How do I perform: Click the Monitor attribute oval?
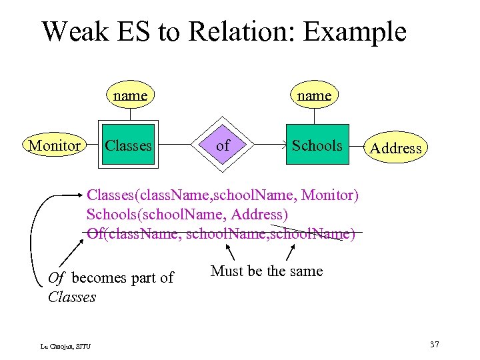55,145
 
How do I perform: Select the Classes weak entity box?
129,145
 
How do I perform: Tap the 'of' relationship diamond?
223,145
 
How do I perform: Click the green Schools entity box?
317,145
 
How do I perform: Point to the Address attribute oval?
395,148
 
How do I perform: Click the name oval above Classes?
130,95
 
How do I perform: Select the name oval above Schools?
314,95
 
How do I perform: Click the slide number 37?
434,344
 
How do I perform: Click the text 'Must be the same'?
266,271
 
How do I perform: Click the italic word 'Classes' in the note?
72,297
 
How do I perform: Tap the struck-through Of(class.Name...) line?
220,234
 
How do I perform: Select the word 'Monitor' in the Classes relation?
329,195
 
